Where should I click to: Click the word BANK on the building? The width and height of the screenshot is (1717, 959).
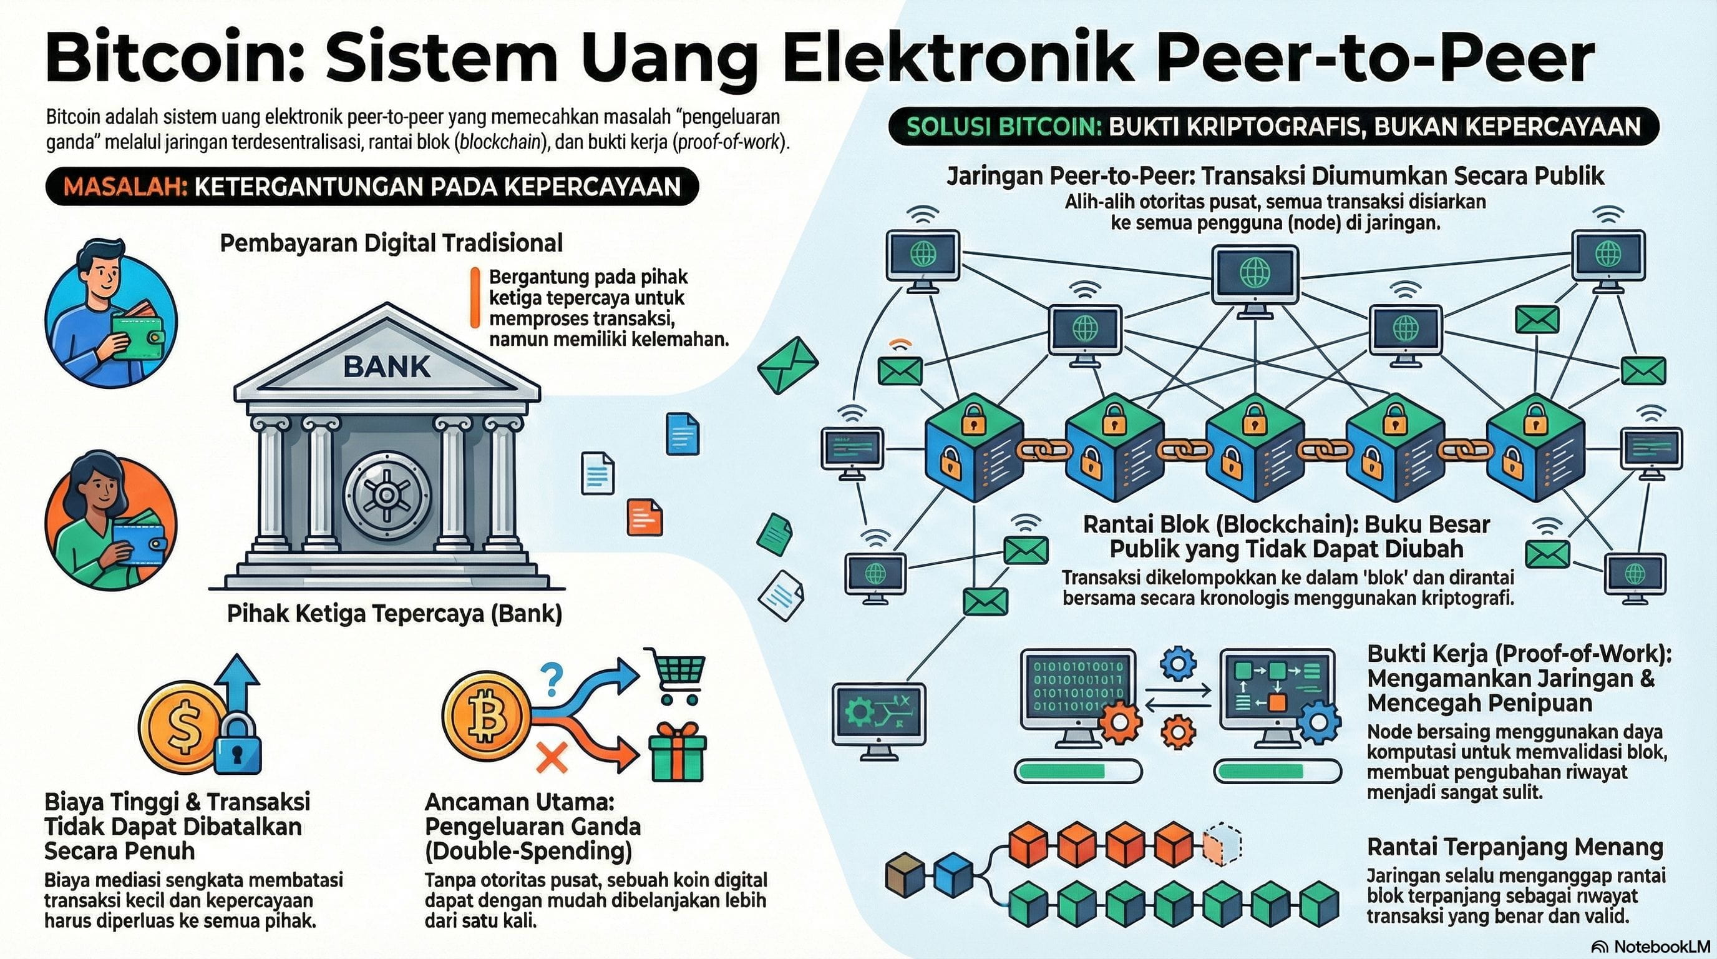[x=387, y=366]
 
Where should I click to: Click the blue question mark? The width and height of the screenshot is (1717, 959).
[x=553, y=679]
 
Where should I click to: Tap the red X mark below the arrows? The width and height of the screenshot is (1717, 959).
[x=552, y=757]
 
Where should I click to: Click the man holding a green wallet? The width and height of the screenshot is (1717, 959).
[x=110, y=313]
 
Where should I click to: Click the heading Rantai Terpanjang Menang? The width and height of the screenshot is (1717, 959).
[x=1515, y=847]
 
